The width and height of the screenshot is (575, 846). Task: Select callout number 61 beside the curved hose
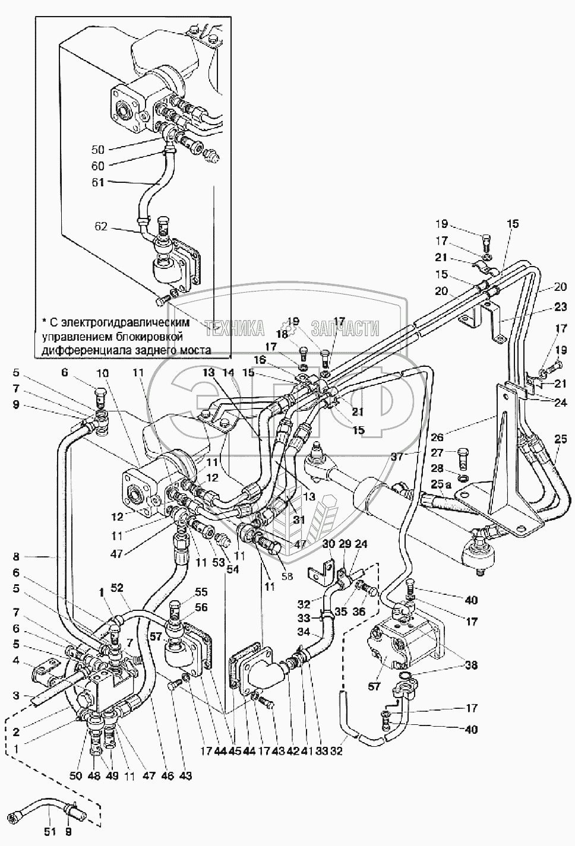tap(98, 182)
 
